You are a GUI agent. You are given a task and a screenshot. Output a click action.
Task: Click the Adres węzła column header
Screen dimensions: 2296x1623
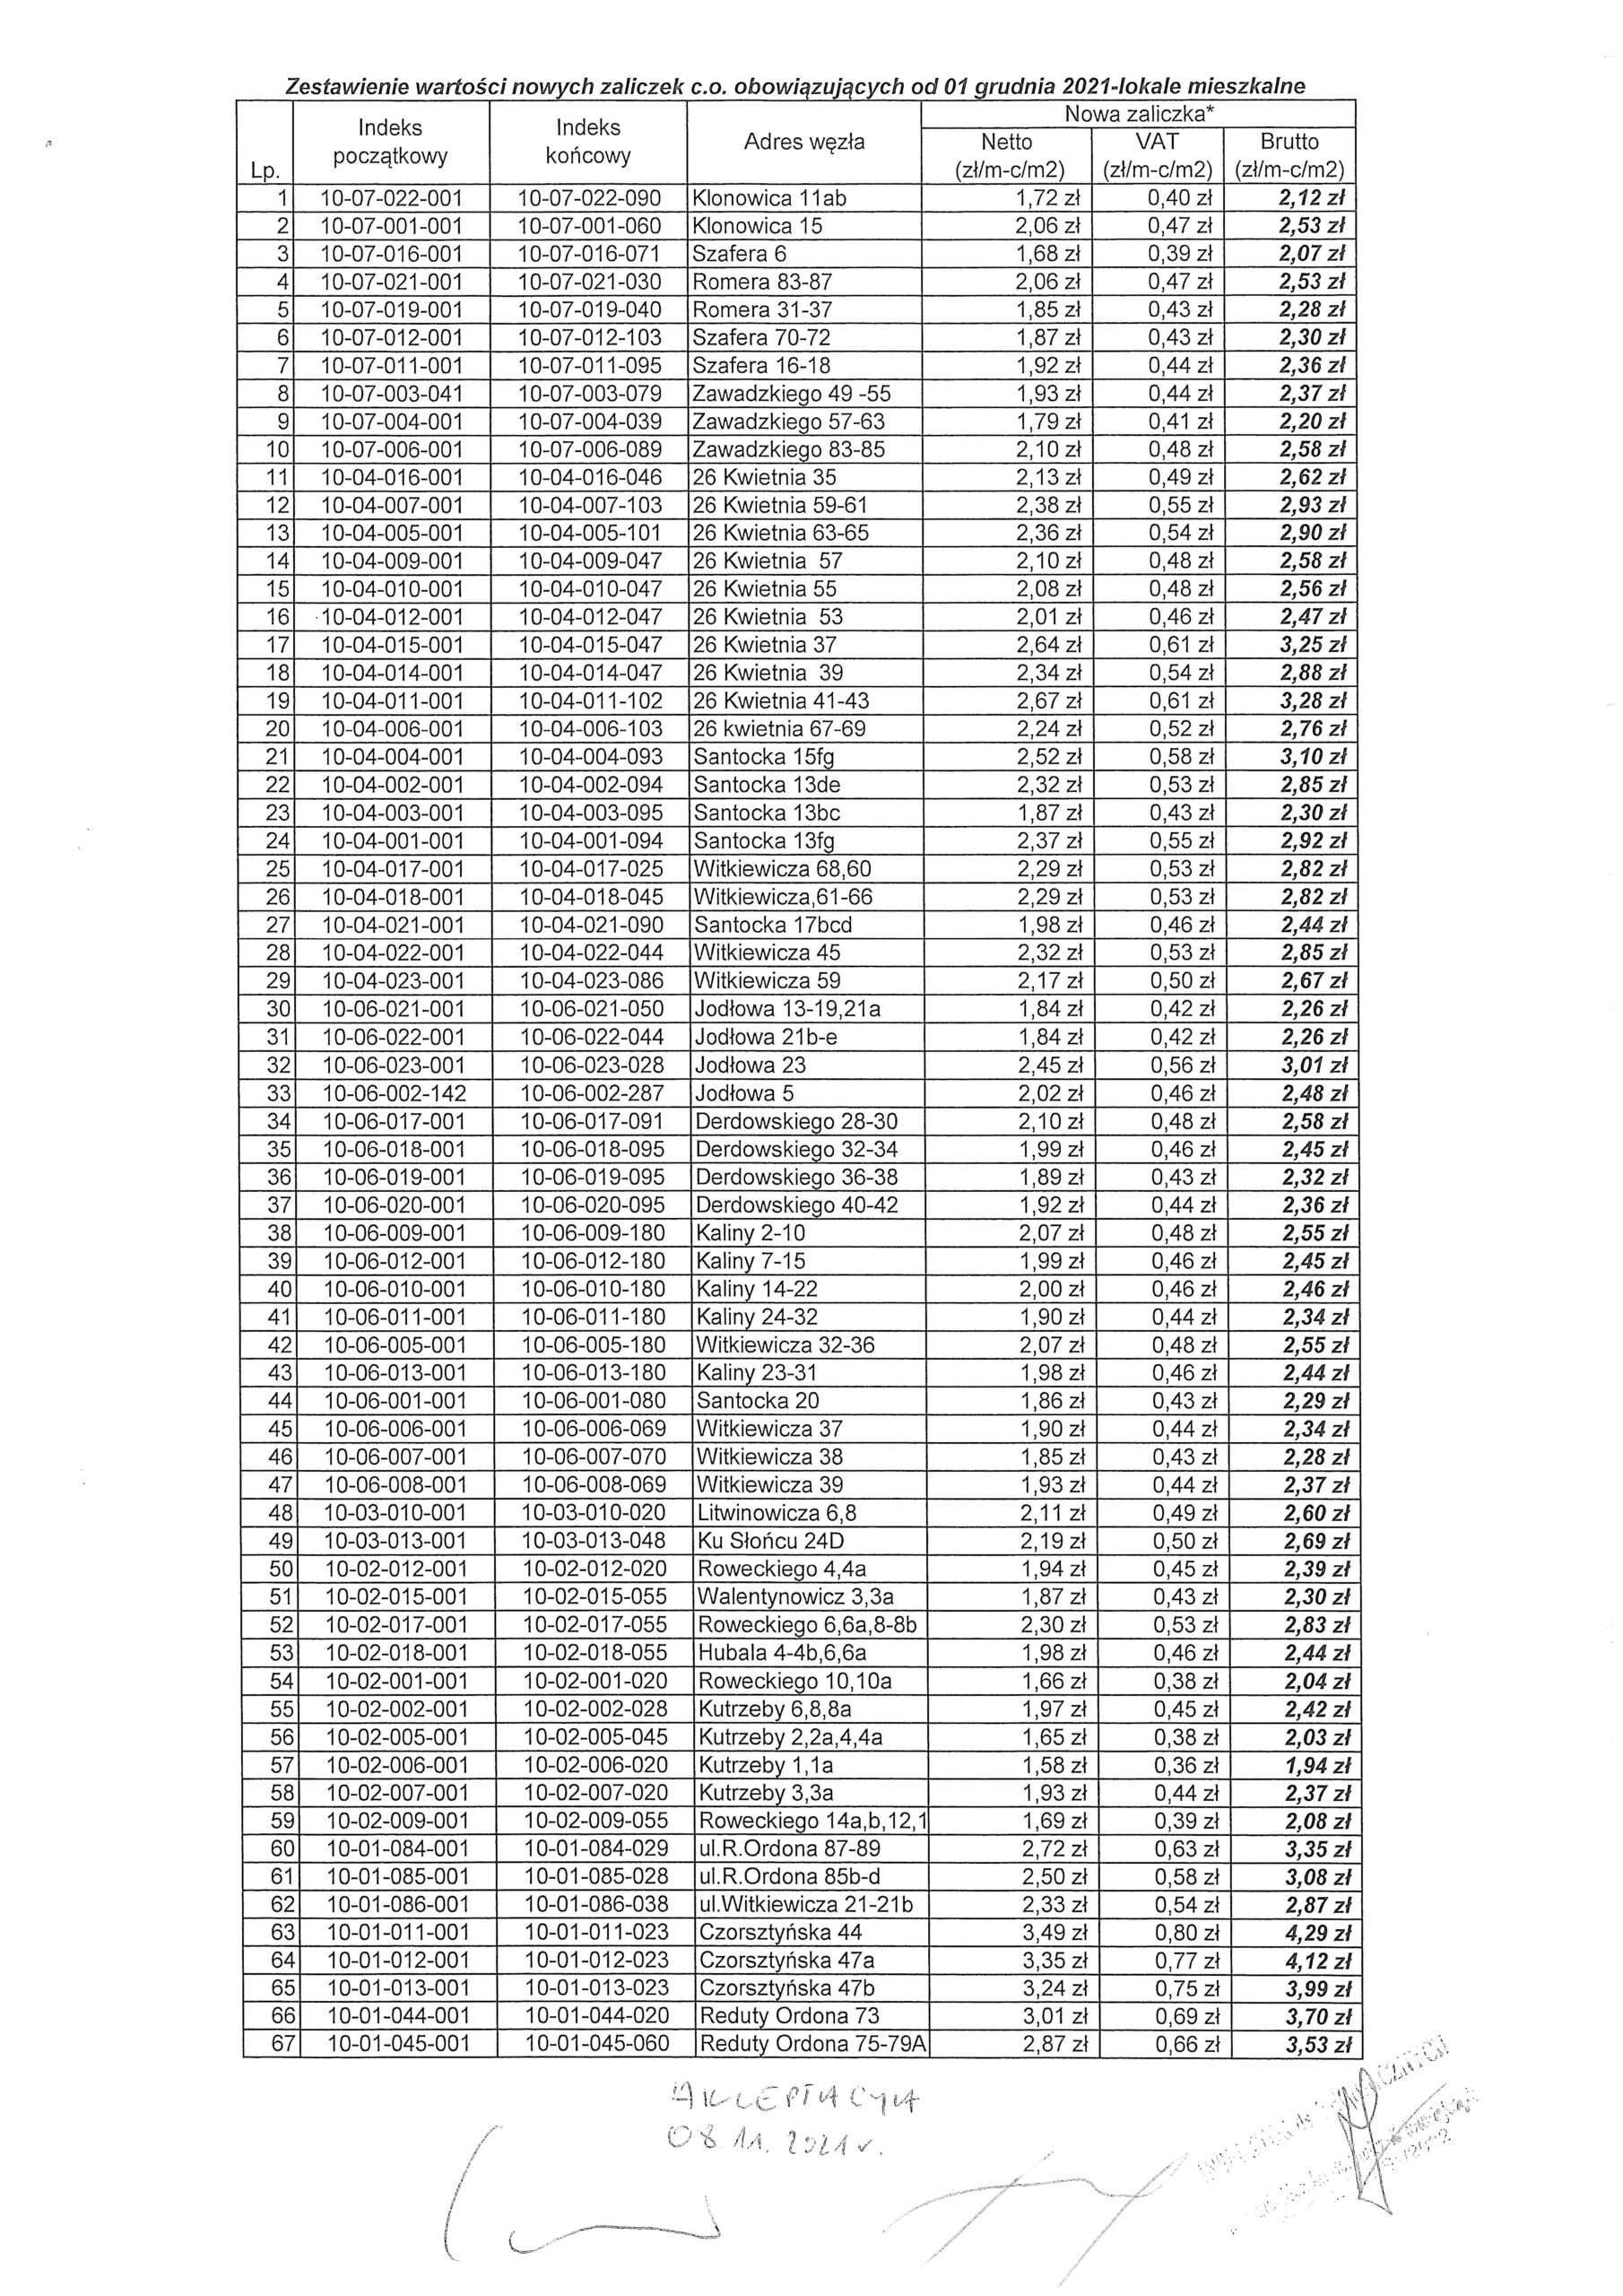click(x=803, y=142)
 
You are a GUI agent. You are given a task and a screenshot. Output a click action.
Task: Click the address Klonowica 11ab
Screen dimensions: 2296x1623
click(x=769, y=198)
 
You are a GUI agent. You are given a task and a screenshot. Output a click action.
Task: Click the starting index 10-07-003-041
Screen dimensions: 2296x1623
click(x=392, y=394)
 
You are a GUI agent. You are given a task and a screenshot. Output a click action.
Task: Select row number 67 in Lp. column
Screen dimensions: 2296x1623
click(x=283, y=2045)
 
